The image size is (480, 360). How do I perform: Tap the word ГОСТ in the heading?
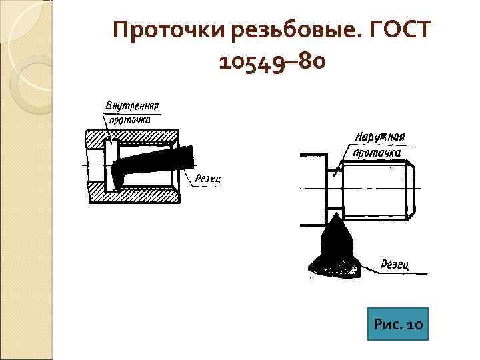pos(399,31)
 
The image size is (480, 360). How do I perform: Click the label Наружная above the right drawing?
pos(380,138)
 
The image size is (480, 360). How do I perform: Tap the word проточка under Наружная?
pos(377,153)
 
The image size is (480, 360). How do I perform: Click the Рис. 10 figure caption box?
pos(398,324)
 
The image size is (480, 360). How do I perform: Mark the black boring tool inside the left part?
pos(153,163)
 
